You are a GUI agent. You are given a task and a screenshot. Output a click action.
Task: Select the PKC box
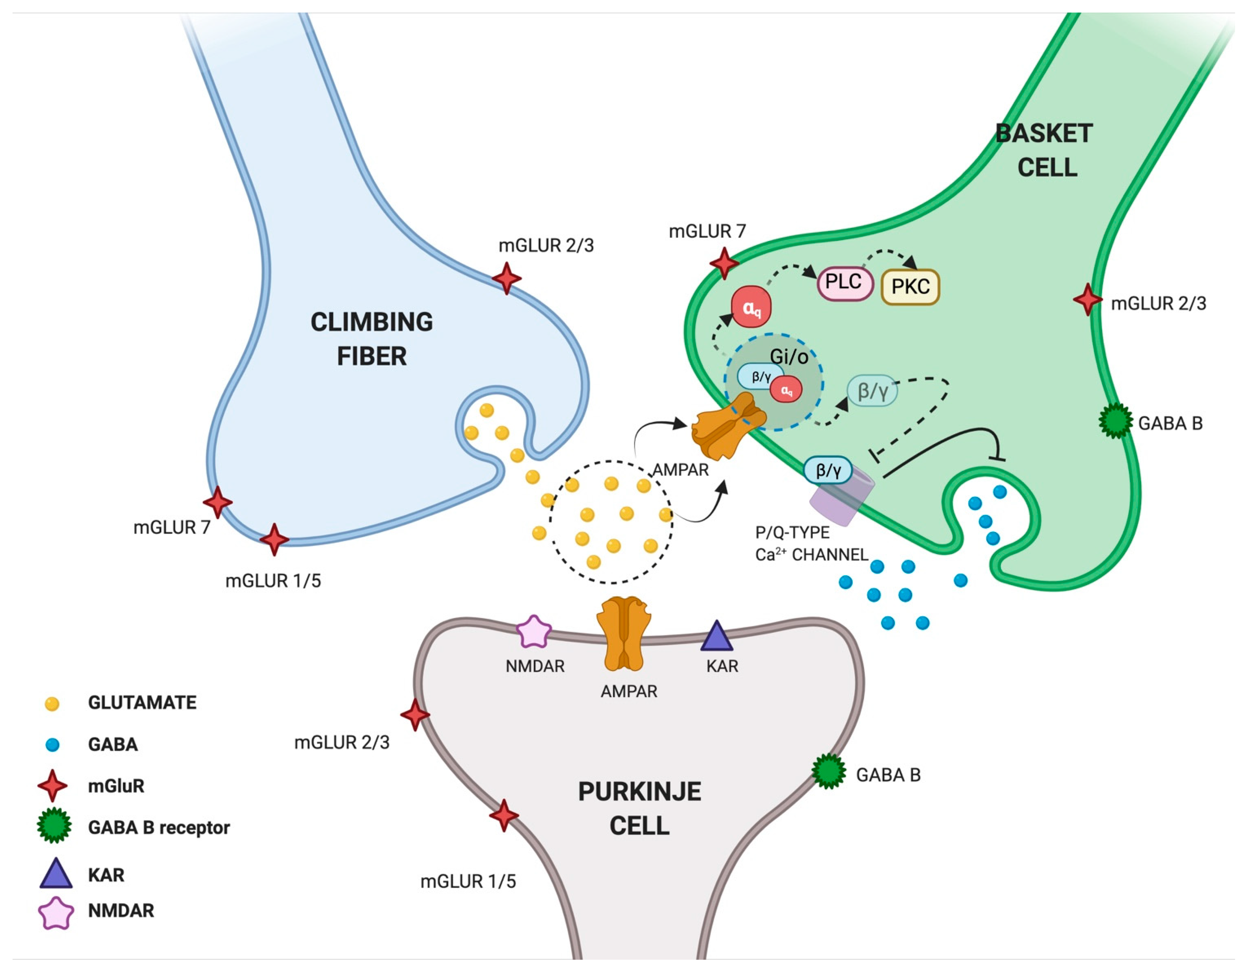tap(910, 286)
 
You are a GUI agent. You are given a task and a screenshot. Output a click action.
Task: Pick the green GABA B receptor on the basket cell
tap(1116, 421)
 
